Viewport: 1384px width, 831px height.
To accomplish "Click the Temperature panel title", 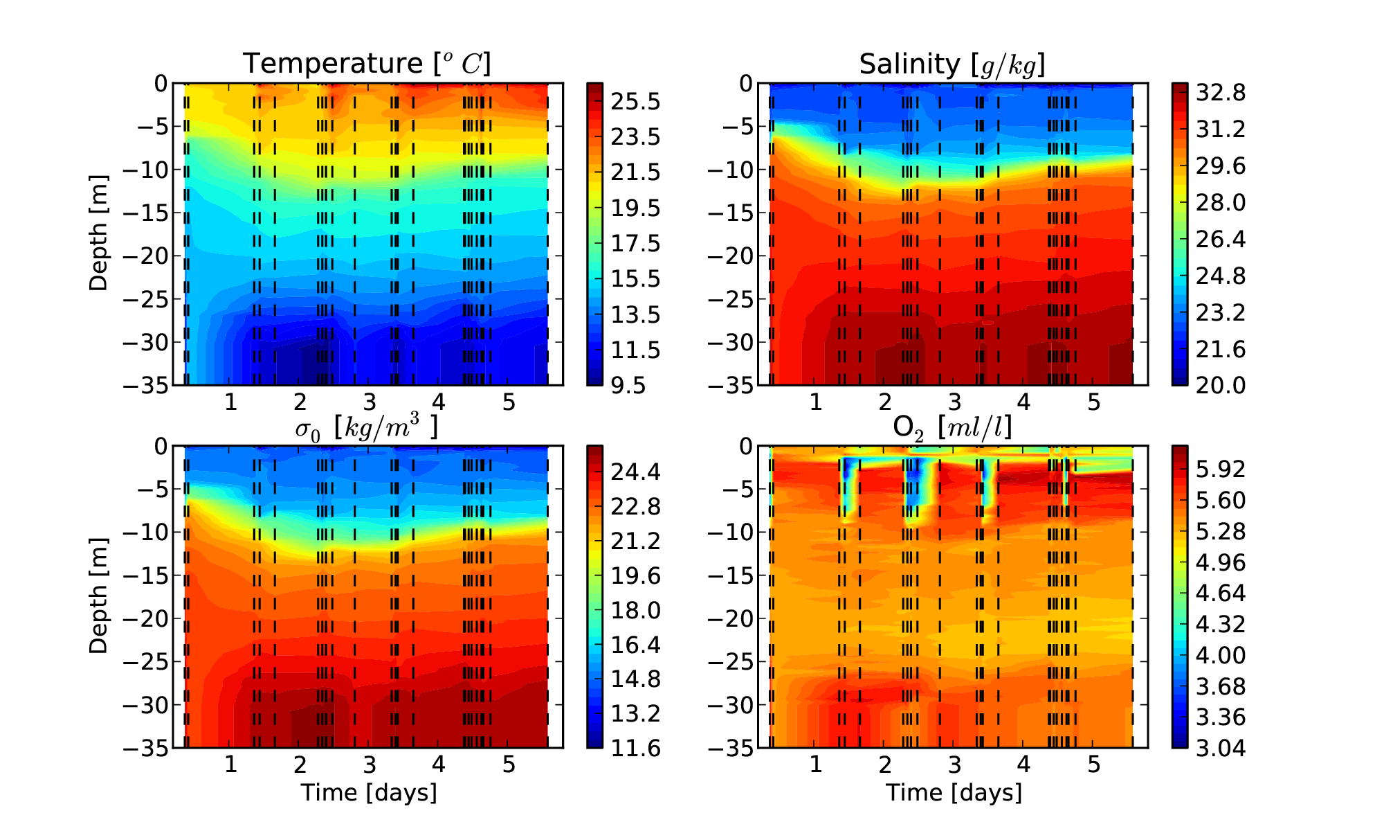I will pyautogui.click(x=367, y=64).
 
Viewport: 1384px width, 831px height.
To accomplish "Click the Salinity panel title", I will pyautogui.click(x=952, y=64).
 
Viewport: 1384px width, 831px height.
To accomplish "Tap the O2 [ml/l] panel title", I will pyautogui.click(x=952, y=428).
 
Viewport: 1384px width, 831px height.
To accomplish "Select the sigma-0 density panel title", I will pyautogui.click(x=367, y=428).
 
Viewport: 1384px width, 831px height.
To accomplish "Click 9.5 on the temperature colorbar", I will pyautogui.click(x=628, y=386).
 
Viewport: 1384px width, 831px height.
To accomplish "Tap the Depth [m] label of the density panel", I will pyautogui.click(x=99, y=596).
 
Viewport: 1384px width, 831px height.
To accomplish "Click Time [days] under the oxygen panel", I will pyautogui.click(x=954, y=793).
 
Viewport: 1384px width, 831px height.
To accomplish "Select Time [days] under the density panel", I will pyautogui.click(x=368, y=793).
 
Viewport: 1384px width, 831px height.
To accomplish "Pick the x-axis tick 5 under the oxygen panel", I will pyautogui.click(x=1094, y=765).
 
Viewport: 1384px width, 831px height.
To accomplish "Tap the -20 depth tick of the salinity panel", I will pyautogui.click(x=731, y=256).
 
